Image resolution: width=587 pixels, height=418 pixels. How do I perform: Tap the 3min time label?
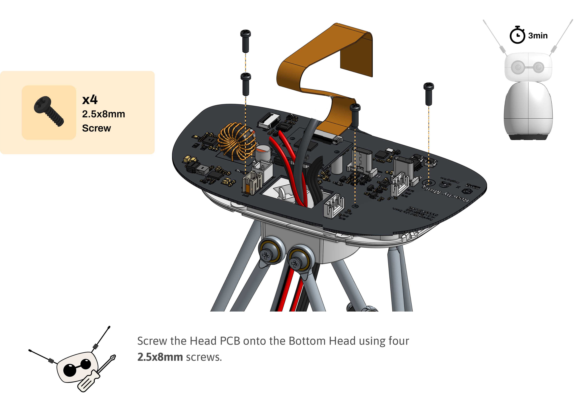click(x=538, y=36)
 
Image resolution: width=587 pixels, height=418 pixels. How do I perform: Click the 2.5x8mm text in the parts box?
click(x=103, y=114)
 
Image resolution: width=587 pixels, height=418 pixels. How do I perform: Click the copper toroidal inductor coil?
click(x=237, y=142)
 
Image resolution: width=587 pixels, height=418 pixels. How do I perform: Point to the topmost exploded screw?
click(x=245, y=41)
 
